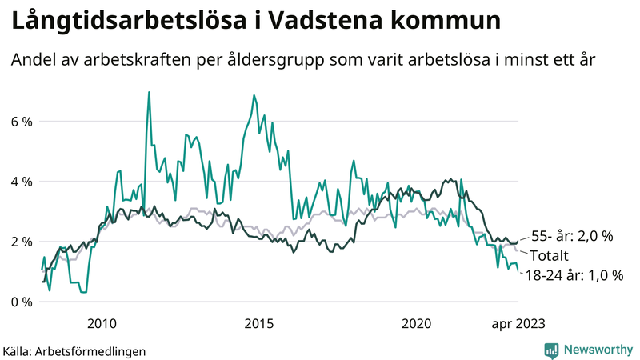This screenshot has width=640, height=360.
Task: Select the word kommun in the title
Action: (x=446, y=22)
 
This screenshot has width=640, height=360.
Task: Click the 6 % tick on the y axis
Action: (x=21, y=122)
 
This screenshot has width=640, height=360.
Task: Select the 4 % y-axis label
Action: (x=21, y=182)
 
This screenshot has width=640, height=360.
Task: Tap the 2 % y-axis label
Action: (x=21, y=242)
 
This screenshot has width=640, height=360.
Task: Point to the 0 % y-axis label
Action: (x=21, y=302)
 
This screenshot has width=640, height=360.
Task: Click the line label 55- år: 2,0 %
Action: (x=572, y=236)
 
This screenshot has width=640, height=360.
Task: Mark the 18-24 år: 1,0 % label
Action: (x=574, y=275)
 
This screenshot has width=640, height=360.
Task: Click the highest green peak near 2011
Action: (x=149, y=93)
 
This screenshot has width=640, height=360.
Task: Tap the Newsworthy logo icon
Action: (x=551, y=349)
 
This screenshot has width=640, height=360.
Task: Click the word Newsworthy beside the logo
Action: (x=598, y=349)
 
